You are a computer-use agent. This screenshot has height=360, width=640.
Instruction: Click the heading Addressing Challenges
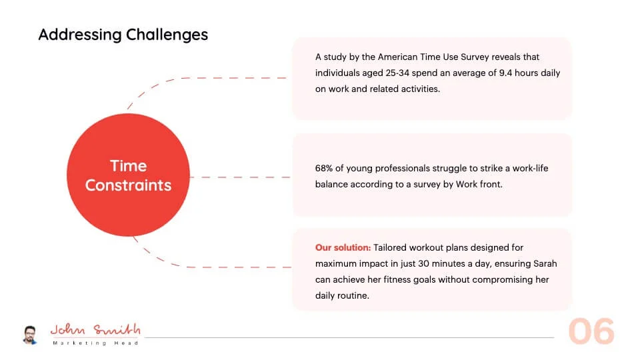[x=123, y=35]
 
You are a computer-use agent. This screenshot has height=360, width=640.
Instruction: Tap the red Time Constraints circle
[x=128, y=175]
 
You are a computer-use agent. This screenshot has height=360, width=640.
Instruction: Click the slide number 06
[x=591, y=331]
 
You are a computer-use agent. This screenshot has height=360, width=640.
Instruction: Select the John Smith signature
[x=95, y=329]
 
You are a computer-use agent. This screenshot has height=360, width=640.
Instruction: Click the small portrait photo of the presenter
[x=30, y=335]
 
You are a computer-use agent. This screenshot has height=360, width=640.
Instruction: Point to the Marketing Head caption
[x=95, y=343]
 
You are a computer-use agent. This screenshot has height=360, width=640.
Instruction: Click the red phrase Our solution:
[x=343, y=247]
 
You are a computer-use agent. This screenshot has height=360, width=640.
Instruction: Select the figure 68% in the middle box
[x=324, y=168]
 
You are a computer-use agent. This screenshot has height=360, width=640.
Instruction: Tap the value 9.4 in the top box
[x=505, y=73]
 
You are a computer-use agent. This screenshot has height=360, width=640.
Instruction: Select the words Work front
[x=479, y=184]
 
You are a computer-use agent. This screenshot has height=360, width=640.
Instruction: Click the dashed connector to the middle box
[x=240, y=177]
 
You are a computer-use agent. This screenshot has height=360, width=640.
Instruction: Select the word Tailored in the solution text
[x=390, y=247]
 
